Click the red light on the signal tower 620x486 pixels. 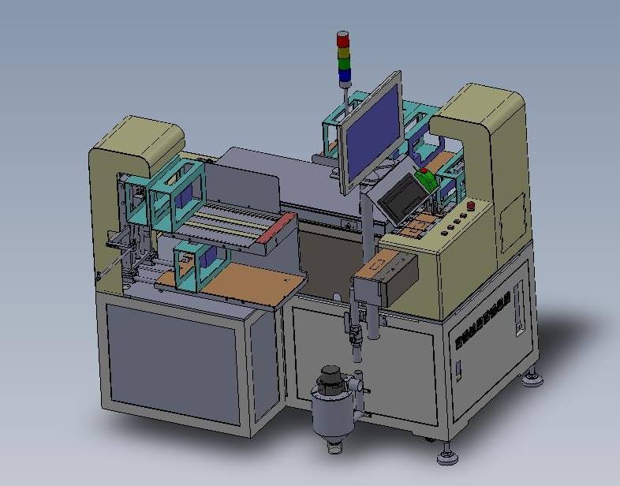342,39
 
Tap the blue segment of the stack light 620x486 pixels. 345,77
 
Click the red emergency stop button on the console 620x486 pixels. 472,207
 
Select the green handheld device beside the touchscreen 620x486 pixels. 427,179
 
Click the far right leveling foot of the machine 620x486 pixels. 532,380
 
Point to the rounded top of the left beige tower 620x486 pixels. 138,138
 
